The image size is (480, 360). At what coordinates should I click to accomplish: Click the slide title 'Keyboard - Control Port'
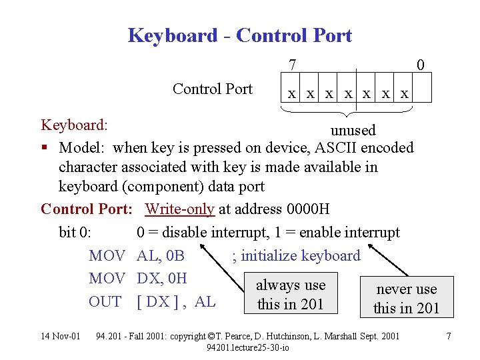click(239, 35)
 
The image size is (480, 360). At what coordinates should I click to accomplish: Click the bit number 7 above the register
click(293, 65)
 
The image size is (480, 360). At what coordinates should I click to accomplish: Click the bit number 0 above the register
click(420, 65)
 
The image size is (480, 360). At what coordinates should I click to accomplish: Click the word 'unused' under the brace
click(353, 130)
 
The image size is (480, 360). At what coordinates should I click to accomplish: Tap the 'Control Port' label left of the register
click(213, 89)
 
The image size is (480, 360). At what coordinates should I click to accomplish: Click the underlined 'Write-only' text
click(179, 209)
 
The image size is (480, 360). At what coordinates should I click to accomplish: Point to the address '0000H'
click(307, 209)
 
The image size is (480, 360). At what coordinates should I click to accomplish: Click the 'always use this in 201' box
click(291, 295)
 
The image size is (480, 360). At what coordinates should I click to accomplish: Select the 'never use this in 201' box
click(406, 298)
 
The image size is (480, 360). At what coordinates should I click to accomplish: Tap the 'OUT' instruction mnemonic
click(105, 301)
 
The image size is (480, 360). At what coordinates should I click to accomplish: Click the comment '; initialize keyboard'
click(296, 255)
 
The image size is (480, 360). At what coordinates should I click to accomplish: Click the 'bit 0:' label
click(80, 232)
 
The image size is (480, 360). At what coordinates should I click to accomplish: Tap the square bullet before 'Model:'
click(45, 148)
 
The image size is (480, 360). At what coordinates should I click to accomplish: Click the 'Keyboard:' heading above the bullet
click(75, 125)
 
